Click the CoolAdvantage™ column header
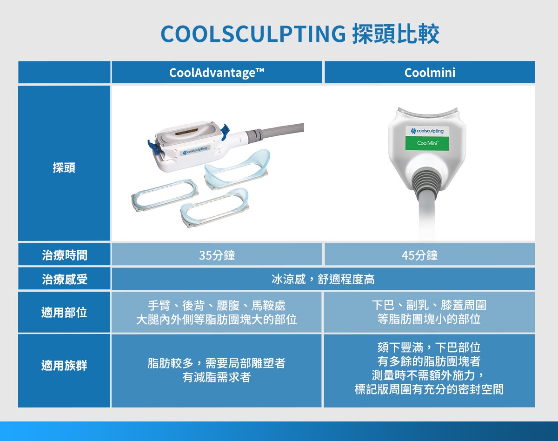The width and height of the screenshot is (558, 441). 217,73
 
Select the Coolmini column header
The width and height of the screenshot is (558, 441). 430,73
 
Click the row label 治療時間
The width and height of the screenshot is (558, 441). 64,255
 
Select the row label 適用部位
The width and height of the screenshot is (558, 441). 64,312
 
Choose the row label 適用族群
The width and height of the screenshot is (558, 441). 64,366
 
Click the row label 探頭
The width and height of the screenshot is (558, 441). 64,167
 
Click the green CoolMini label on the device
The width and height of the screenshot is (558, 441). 427,143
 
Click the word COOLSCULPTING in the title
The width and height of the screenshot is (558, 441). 253,34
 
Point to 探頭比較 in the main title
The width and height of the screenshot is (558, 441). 396,34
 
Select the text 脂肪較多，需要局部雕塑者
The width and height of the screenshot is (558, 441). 217,363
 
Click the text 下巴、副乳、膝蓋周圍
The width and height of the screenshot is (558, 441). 429,305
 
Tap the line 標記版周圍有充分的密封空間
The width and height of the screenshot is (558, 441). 429,389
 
